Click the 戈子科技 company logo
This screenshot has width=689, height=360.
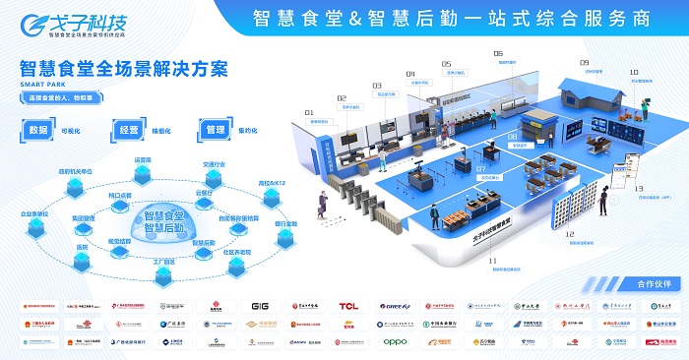coord(89,22)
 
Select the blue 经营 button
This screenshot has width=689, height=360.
coord(129,130)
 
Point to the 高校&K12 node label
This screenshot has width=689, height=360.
coord(272,183)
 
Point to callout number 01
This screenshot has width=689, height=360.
coord(309,113)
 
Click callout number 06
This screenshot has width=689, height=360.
coord(498,53)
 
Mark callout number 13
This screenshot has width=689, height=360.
coord(639,188)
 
